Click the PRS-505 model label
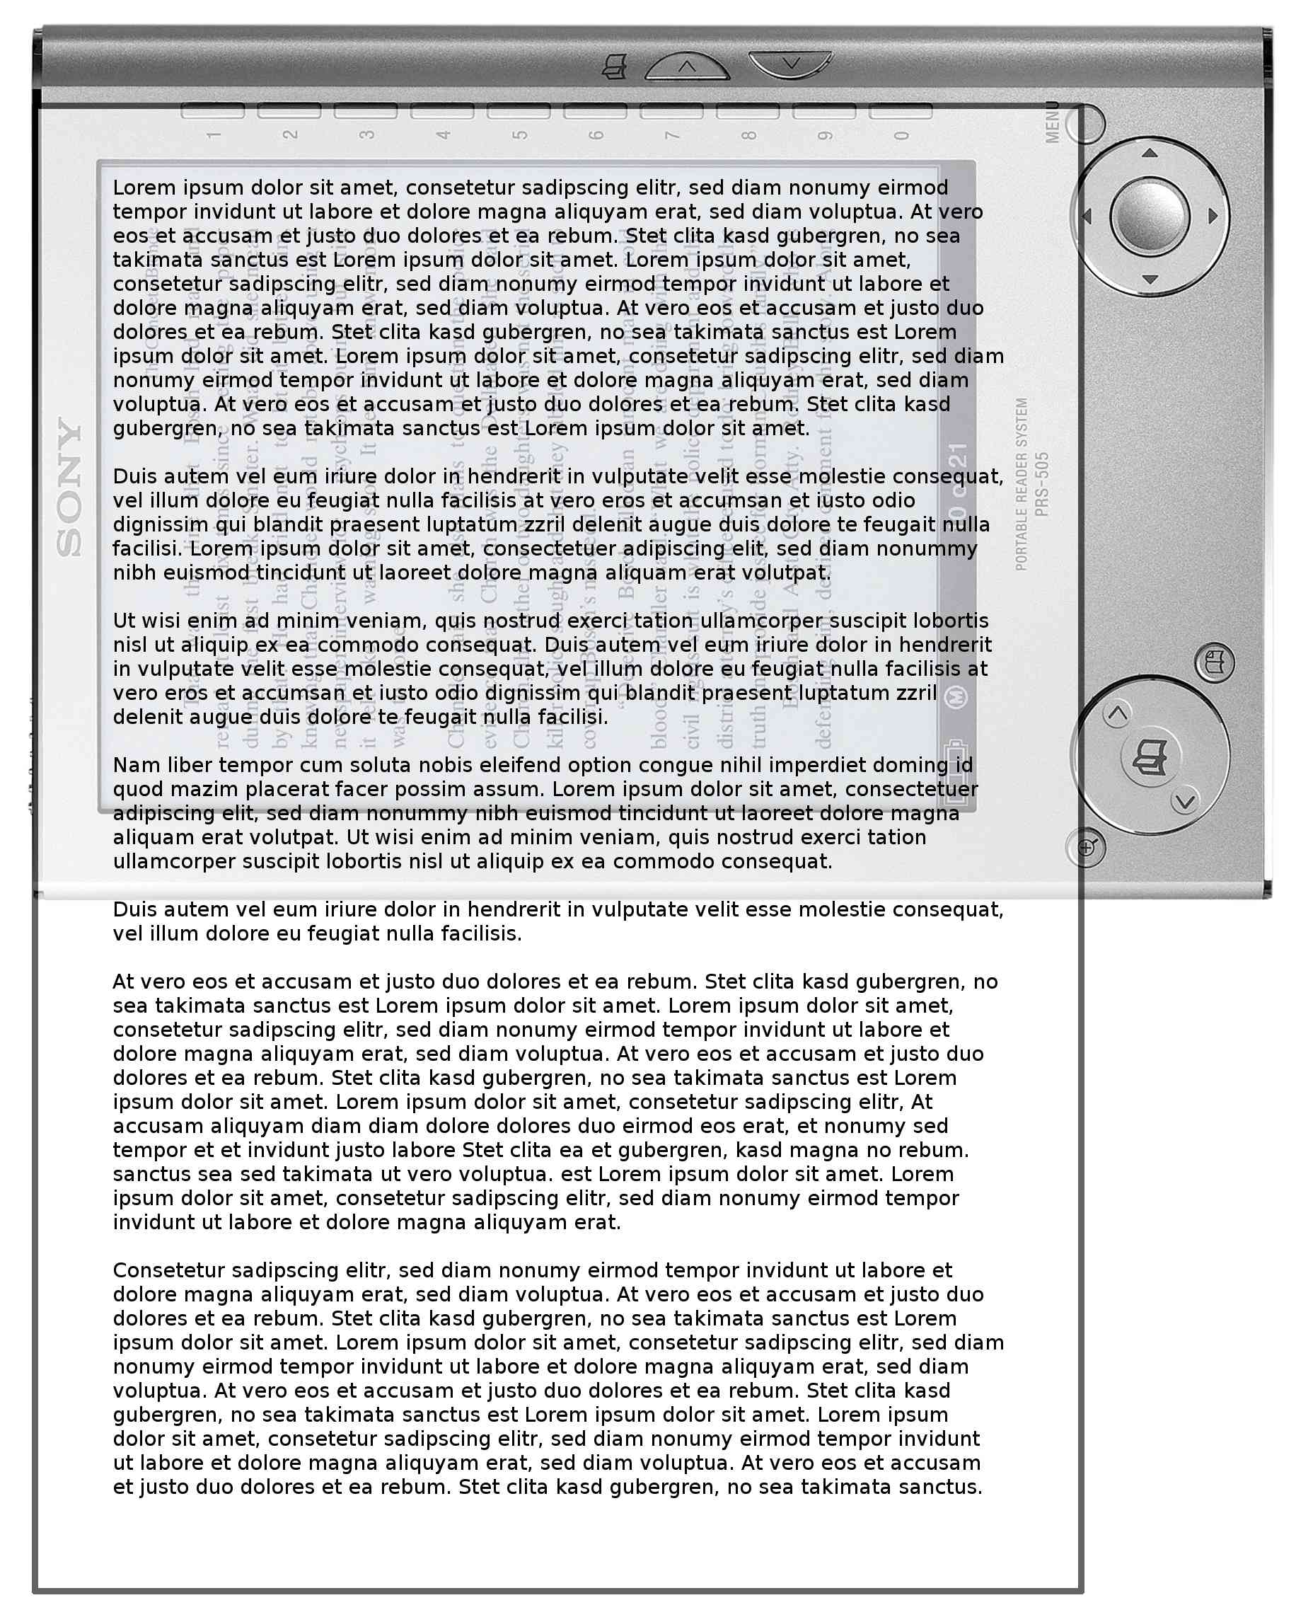coord(1042,484)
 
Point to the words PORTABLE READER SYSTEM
coord(1022,484)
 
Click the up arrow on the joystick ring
coord(1150,153)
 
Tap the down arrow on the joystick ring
coord(1150,280)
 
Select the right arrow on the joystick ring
coord(1213,217)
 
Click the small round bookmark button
coord(1215,662)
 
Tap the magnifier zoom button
coord(1086,848)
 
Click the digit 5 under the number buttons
coord(521,135)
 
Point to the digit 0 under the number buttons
coord(902,135)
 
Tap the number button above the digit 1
coord(213,111)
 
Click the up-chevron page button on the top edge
coord(687,67)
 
